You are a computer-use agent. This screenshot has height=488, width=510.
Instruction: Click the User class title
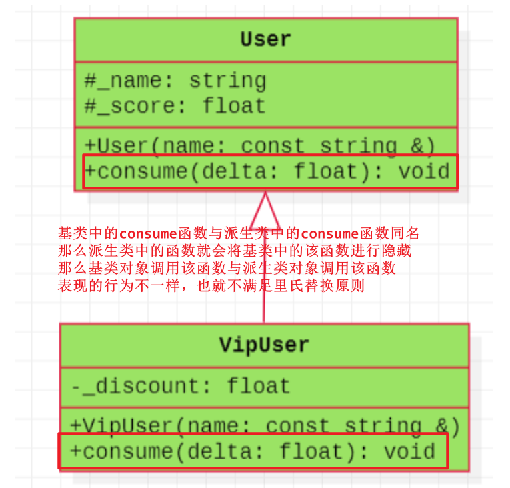(265, 39)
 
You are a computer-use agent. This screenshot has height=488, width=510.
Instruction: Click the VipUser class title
(264, 345)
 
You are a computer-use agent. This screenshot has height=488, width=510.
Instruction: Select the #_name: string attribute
(175, 81)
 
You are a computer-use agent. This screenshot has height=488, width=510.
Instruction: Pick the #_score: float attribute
(175, 106)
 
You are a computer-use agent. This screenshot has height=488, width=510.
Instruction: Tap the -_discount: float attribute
(180, 386)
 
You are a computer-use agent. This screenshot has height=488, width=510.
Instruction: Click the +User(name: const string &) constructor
(260, 145)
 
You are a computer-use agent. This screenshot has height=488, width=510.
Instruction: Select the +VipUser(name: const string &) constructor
(265, 425)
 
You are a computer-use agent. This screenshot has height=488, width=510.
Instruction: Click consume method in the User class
(267, 171)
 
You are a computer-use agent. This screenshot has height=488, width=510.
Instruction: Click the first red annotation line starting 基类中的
(239, 233)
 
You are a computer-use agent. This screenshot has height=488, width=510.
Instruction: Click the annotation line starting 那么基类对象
(227, 269)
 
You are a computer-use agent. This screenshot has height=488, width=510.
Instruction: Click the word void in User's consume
(424, 171)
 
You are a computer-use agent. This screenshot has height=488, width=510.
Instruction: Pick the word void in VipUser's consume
(409, 451)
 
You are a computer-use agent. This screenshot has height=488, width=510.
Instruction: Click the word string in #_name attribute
(227, 81)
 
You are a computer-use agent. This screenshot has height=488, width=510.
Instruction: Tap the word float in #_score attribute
(234, 106)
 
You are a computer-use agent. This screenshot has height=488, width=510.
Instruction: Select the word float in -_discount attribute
(258, 386)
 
